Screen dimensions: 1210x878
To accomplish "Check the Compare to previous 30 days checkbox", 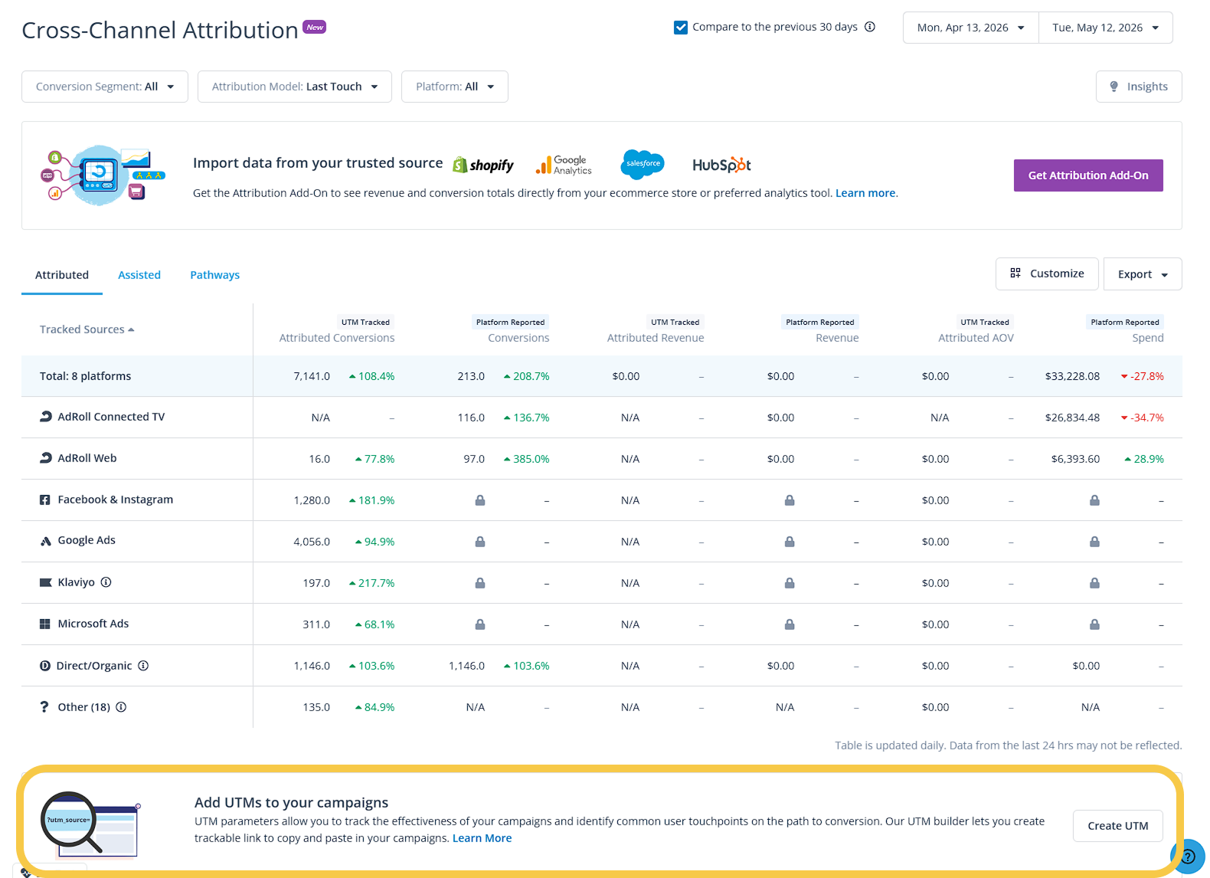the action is pos(681,27).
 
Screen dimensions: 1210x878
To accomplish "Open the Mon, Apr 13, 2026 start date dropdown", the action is pos(970,28).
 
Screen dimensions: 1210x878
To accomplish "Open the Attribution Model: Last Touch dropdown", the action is pos(294,87).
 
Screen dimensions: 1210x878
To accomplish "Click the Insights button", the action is pos(1138,87).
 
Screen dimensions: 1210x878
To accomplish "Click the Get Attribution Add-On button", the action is pos(1088,175).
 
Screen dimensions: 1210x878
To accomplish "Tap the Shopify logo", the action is pos(483,165).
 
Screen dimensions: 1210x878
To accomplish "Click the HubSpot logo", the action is pos(721,165).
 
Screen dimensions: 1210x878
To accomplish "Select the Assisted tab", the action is pos(139,274).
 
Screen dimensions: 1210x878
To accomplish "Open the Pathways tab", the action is pos(214,274).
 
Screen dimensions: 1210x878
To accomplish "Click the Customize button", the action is pos(1046,274).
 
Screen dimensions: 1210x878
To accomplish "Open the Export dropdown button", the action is pos(1142,274).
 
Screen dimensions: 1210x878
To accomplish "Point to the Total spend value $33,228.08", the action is pos(1071,376).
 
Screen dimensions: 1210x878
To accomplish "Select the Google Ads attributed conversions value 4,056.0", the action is pos(311,542).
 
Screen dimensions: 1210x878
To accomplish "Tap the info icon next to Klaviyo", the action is pos(106,582).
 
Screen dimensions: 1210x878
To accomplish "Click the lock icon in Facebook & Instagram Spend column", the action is pos(1094,500).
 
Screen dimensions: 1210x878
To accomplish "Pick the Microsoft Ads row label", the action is pos(93,624).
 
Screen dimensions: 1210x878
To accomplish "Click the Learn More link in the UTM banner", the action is pos(482,838).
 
